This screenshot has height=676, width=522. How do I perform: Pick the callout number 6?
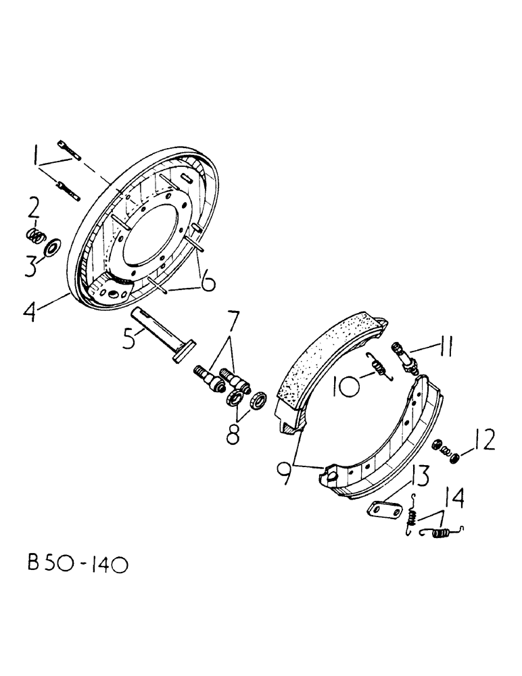tap(208, 279)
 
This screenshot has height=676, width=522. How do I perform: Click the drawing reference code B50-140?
tap(70, 562)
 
